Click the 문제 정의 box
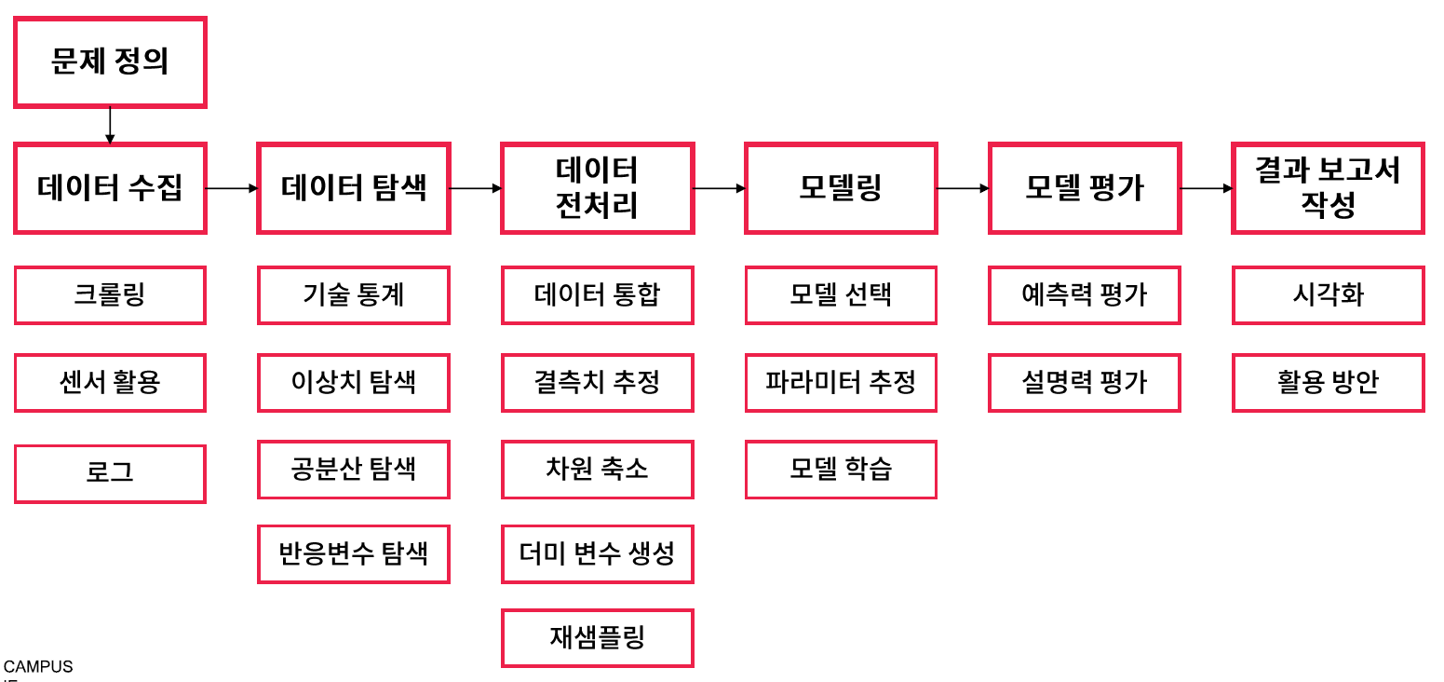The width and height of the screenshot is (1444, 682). pyautogui.click(x=110, y=62)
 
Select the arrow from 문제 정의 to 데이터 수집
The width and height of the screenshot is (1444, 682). pyautogui.click(x=110, y=125)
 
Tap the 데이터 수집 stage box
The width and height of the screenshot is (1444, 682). pyautogui.click(x=110, y=188)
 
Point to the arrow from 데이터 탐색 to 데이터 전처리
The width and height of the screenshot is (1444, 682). pyautogui.click(x=475, y=188)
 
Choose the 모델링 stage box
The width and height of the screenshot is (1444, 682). pyautogui.click(x=841, y=188)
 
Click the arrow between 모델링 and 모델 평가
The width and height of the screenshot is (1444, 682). pyautogui.click(x=963, y=188)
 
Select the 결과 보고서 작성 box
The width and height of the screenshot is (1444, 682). pyautogui.click(x=1328, y=188)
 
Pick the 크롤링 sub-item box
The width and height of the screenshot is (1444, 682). pyautogui.click(x=110, y=295)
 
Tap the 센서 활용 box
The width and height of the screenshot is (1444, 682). pyautogui.click(x=110, y=382)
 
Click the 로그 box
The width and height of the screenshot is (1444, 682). pyautogui.click(x=110, y=473)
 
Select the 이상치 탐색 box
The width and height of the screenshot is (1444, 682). pyautogui.click(x=354, y=382)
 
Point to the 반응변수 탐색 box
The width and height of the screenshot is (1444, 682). pyautogui.click(x=354, y=554)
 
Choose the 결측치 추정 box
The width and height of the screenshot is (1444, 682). pyautogui.click(x=598, y=382)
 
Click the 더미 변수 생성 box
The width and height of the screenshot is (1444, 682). pyautogui.click(x=598, y=554)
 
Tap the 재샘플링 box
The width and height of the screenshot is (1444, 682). pyautogui.click(x=598, y=638)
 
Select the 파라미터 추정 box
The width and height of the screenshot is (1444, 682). pyautogui.click(x=841, y=382)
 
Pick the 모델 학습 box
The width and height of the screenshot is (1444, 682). pyautogui.click(x=841, y=470)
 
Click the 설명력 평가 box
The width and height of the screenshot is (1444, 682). pyautogui.click(x=1085, y=382)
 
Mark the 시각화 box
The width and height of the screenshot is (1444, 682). pyautogui.click(x=1328, y=295)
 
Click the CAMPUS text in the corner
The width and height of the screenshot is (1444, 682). pyautogui.click(x=38, y=667)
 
